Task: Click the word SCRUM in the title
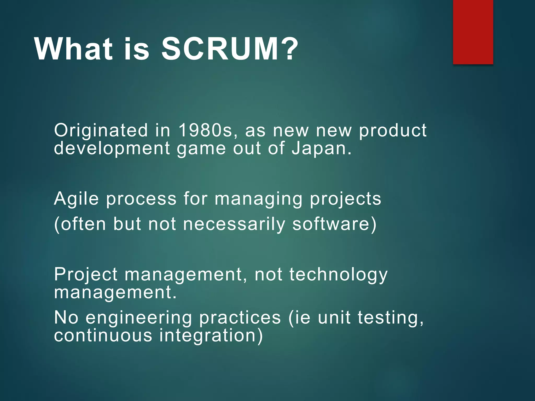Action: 220,49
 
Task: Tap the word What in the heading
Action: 73,49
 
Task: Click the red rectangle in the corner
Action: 473,32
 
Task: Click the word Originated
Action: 101,130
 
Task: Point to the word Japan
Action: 321,148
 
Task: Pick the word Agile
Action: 76,199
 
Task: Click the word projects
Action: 345,199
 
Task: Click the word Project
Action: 86,275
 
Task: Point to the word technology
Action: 338,275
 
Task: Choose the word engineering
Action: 139,318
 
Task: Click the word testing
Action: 390,318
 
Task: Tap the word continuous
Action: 103,335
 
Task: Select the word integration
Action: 211,335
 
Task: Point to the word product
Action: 393,130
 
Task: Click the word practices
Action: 240,318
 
